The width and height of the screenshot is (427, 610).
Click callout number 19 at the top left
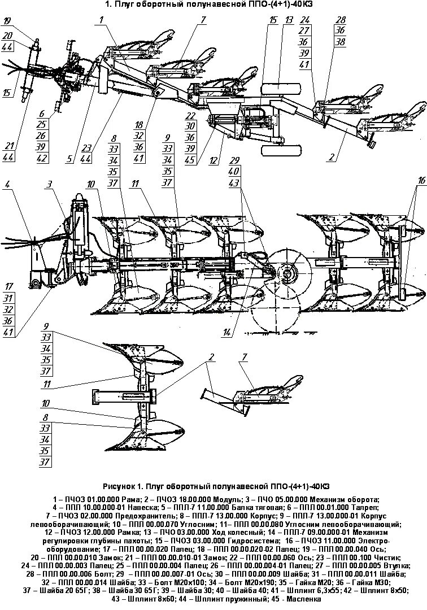[x=6, y=21]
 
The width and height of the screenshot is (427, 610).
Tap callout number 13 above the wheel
[x=288, y=20]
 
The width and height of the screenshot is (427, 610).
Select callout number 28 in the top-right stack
[x=341, y=20]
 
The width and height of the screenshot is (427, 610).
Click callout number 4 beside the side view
[x=7, y=184]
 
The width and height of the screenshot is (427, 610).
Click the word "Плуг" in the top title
[x=124, y=5]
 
